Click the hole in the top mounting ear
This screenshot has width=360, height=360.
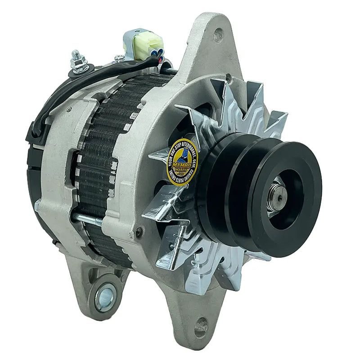(x=219, y=33)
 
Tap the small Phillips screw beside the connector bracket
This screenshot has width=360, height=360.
(x=119, y=58)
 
